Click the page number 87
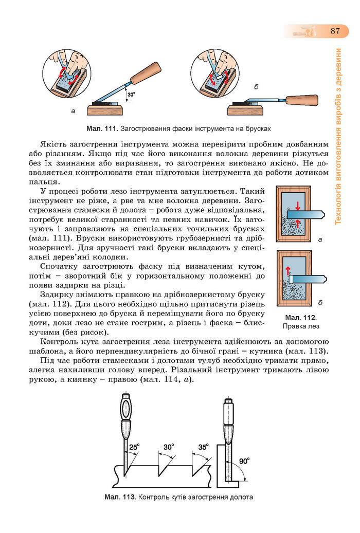(335, 31)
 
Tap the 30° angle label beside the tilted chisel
(131, 94)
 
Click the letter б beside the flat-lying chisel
(256, 88)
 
